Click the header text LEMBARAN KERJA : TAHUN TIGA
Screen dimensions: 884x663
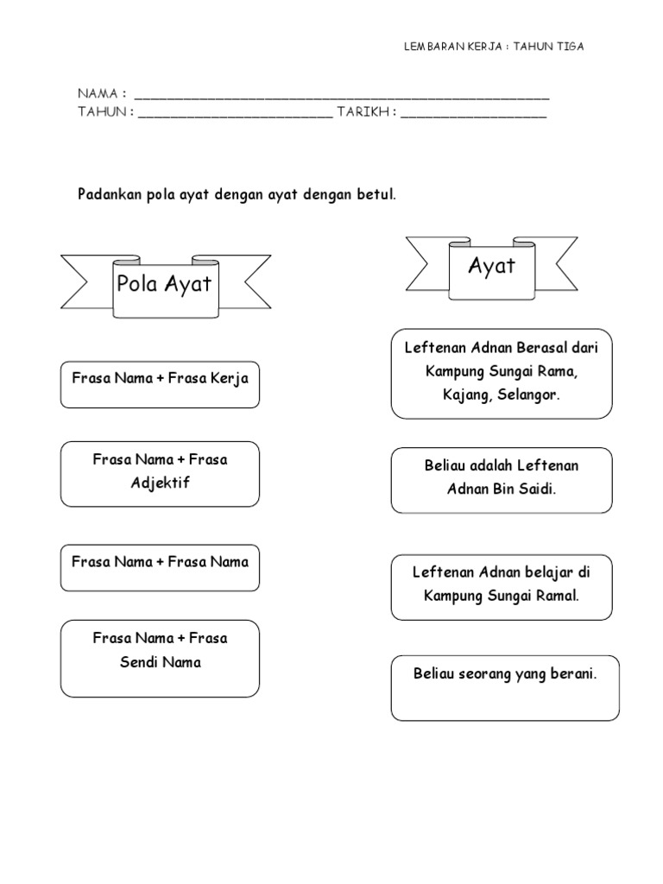[x=494, y=47]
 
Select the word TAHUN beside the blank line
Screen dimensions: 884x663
[x=102, y=112]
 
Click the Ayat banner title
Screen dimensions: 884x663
[x=491, y=265]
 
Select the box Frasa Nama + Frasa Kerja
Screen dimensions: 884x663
[x=160, y=384]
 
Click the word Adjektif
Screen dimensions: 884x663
[x=160, y=483]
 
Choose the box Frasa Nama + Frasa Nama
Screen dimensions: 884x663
[x=160, y=567]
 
